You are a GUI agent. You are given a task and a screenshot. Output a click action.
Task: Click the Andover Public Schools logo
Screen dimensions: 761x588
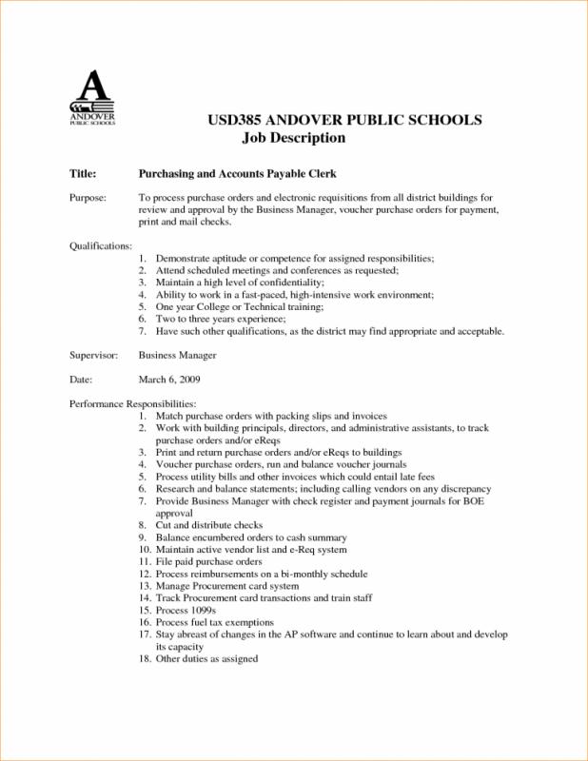[x=92, y=98]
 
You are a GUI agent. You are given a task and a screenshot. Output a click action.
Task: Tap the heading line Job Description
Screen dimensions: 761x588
[x=294, y=138]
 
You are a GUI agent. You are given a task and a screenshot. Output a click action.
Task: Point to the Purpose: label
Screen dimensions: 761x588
[x=89, y=196]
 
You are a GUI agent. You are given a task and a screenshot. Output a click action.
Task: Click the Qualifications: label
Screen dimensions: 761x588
[x=101, y=246]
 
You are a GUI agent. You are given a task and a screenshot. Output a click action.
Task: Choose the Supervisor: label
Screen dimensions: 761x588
[x=93, y=355]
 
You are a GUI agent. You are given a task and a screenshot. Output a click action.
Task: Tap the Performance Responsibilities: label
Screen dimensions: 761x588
[x=133, y=404]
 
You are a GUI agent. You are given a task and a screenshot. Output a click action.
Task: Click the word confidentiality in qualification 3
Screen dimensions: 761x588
[x=286, y=283]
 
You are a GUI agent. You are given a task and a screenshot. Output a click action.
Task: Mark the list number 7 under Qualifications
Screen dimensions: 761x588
[x=142, y=332]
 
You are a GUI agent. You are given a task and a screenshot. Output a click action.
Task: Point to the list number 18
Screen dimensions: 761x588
[x=145, y=658]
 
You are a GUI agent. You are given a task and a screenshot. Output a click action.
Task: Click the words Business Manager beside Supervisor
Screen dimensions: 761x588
[x=178, y=355]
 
